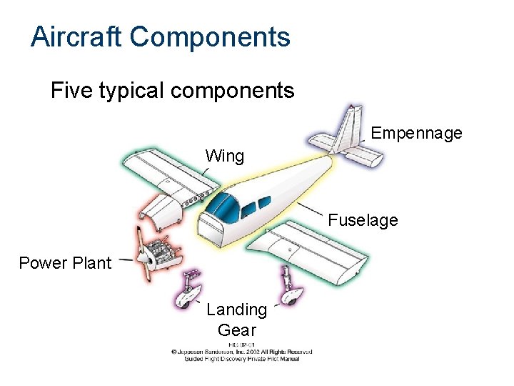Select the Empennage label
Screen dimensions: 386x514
tap(417, 133)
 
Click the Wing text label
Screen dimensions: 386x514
tap(225, 156)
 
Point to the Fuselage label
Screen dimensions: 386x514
tap(363, 220)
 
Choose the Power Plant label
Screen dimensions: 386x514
tap(65, 263)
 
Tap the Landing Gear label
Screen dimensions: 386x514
tap(236, 320)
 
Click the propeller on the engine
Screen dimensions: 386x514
tap(142, 254)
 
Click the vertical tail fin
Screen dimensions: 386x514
tap(352, 128)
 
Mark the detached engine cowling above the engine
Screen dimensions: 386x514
tap(158, 210)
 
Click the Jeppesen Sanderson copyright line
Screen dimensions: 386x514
tap(241, 352)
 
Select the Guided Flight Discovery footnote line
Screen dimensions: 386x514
tap(241, 359)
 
